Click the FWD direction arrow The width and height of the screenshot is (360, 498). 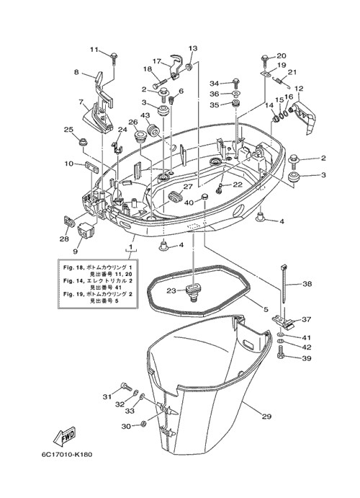[x=65, y=437]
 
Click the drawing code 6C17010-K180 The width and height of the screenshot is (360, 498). [x=66, y=455]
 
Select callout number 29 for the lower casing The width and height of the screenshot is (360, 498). [x=266, y=417]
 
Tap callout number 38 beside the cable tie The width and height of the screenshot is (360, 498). [x=307, y=284]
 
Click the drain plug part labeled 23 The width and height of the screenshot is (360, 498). [x=192, y=290]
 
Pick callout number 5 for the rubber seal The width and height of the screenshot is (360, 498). [x=266, y=309]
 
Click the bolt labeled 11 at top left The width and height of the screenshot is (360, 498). [x=114, y=58]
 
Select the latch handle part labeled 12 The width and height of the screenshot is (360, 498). [x=303, y=117]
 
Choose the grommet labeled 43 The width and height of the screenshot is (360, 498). [x=153, y=130]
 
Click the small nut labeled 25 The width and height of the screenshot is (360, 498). [x=83, y=141]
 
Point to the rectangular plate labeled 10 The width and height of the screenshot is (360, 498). [x=91, y=166]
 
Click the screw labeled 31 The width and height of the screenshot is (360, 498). [x=125, y=387]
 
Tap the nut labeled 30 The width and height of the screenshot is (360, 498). [x=143, y=424]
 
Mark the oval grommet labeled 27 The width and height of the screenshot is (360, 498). [x=174, y=196]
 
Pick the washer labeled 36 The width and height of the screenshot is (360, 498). [x=236, y=94]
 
